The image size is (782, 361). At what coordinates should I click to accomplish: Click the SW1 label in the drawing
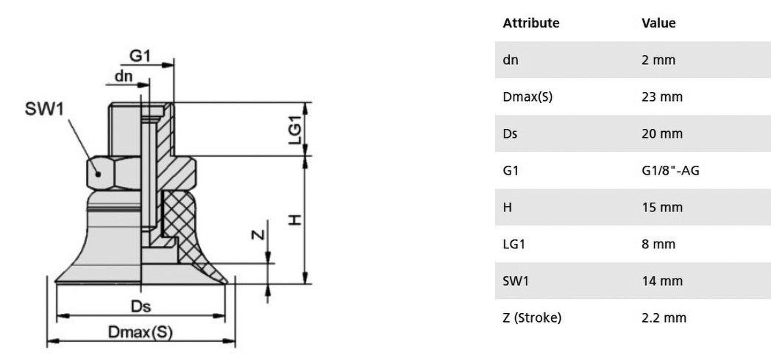click(44, 109)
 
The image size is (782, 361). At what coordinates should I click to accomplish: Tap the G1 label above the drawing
click(140, 56)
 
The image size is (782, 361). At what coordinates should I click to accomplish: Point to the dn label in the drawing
click(124, 77)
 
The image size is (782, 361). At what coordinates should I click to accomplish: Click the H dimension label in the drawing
click(296, 220)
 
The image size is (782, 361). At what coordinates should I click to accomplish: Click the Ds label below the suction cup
click(141, 306)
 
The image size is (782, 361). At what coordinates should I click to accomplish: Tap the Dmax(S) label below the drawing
click(140, 332)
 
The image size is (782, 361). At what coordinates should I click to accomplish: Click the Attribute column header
click(531, 23)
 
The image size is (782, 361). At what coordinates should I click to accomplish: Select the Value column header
click(658, 23)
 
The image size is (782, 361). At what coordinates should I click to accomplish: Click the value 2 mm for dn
click(658, 60)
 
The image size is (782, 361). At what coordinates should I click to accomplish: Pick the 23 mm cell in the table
click(662, 97)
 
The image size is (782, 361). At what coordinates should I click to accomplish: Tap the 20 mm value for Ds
click(662, 134)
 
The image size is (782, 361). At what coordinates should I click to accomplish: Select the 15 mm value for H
click(662, 207)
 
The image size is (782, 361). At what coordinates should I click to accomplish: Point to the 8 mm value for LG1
click(658, 244)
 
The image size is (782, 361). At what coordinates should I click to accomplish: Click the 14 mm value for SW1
click(662, 281)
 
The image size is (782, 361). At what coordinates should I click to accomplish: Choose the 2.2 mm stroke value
click(664, 318)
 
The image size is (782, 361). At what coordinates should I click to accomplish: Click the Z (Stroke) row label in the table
click(532, 318)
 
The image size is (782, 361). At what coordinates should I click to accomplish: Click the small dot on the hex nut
click(99, 174)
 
